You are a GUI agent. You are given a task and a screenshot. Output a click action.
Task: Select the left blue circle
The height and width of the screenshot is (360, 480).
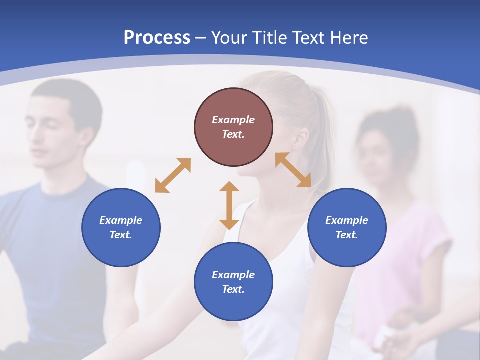tap(121, 227)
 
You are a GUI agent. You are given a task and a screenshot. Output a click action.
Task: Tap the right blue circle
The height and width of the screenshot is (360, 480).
tap(347, 227)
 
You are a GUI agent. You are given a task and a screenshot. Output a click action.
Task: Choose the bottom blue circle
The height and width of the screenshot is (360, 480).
tap(233, 282)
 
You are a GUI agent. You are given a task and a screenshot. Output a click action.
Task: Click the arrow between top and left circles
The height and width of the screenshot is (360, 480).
tap(173, 175)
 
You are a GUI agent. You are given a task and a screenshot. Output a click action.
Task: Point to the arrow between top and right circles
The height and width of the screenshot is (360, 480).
tap(293, 170)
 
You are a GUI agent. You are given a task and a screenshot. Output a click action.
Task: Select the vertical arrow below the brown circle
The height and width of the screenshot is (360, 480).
tap(229, 205)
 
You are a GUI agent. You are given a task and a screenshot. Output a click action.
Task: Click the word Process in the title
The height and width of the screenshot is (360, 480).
tap(157, 38)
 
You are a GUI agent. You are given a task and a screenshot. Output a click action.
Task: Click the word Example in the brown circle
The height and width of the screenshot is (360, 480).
tap(233, 120)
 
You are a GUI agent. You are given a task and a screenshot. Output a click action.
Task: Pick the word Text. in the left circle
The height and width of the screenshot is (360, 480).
tap(121, 235)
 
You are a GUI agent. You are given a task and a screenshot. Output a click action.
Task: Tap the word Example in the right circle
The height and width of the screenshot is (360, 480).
tap(347, 220)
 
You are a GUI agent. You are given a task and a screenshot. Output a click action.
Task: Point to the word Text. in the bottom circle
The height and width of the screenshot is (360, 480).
tap(233, 289)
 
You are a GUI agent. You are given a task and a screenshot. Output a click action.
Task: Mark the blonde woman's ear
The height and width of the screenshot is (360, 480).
tap(300, 140)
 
